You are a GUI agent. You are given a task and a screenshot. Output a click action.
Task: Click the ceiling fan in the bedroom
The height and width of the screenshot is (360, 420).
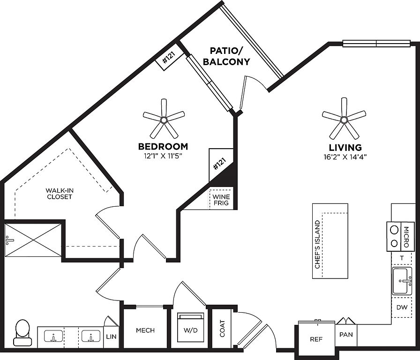(x=164, y=119)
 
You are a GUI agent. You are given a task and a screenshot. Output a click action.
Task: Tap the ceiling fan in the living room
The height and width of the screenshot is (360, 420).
(x=344, y=119)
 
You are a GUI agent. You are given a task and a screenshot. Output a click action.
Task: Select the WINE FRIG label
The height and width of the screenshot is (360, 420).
(x=221, y=200)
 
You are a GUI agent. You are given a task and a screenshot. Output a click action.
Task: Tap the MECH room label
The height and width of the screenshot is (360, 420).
(x=145, y=330)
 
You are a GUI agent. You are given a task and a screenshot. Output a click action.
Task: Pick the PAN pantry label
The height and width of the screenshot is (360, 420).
(x=346, y=336)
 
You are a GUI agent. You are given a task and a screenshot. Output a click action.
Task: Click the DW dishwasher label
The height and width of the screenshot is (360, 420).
(x=402, y=308)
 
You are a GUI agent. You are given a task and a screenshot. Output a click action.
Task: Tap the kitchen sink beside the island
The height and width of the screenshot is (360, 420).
(x=402, y=281)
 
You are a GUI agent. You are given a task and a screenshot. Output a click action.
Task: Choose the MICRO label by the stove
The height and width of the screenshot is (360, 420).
(x=406, y=237)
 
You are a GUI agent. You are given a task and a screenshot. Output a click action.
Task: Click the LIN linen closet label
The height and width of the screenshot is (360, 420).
(x=111, y=337)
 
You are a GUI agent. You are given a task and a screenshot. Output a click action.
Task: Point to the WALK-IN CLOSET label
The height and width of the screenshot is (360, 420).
(x=59, y=194)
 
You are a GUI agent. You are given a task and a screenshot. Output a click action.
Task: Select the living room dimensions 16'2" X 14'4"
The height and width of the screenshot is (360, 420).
(x=345, y=157)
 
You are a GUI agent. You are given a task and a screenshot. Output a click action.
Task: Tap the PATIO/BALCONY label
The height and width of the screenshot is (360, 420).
(x=230, y=56)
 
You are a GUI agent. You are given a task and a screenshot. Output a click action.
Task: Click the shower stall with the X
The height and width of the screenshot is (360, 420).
(x=33, y=240)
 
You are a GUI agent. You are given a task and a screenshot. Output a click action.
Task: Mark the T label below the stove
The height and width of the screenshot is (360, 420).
(x=402, y=258)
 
